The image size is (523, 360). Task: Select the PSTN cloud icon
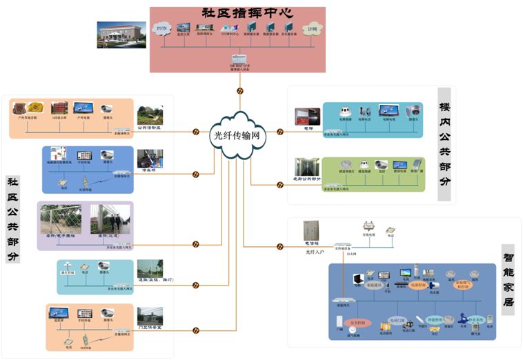(x=163, y=29)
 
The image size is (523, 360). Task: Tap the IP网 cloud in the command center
(x=311, y=29)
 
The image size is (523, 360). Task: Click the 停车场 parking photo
(x=149, y=158)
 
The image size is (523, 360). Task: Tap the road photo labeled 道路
(x=150, y=268)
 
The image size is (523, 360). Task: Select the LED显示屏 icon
(x=60, y=108)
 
